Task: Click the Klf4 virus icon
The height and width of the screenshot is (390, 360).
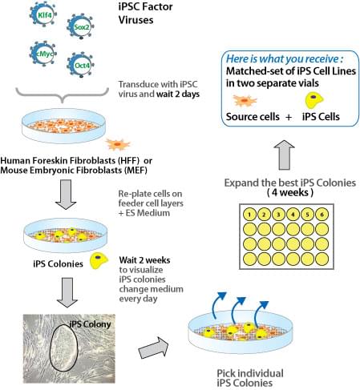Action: coord(43,14)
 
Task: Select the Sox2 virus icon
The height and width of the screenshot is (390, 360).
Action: coord(81,26)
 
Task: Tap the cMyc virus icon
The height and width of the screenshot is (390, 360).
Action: coord(43,54)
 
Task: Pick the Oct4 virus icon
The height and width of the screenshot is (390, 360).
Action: coord(81,65)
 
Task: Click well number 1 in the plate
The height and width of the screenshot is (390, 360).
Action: coord(249,215)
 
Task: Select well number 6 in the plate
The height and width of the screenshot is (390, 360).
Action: coord(322,215)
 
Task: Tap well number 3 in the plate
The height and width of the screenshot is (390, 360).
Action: coord(278,215)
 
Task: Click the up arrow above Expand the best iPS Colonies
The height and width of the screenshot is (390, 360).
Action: coord(284,155)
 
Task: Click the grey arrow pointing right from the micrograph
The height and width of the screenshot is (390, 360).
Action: coord(153,348)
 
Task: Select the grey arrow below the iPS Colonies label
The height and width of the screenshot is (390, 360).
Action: coord(67,292)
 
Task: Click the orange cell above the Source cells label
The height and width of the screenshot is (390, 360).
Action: coord(245,101)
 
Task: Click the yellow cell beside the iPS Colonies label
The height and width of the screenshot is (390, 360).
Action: coord(99,261)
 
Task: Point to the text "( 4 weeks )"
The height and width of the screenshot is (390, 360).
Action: coord(290,192)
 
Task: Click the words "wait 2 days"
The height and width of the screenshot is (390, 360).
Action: coord(178,94)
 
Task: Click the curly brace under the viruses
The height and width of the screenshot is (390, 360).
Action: coord(62,94)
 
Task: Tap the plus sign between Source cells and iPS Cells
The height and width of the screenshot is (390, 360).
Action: coord(289,117)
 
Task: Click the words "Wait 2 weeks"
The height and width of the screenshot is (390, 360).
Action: coord(144,260)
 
